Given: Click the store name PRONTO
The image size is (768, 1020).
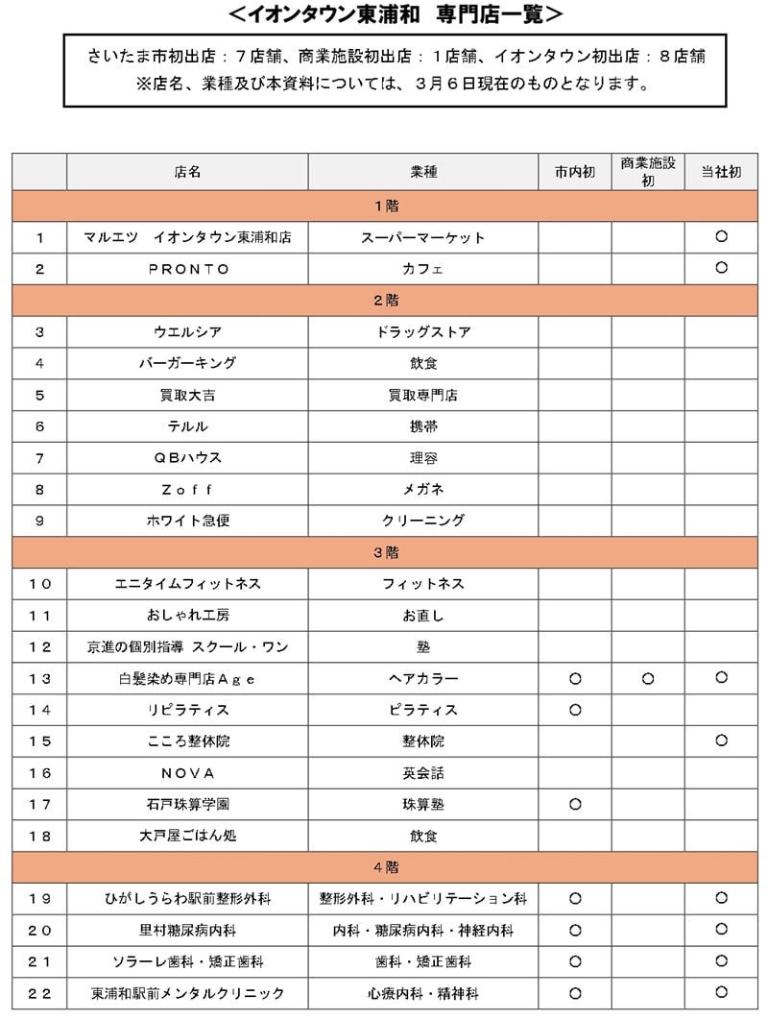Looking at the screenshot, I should pos(188,269).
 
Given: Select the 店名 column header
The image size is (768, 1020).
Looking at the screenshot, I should pos(188,173).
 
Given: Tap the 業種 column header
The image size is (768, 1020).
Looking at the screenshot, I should pos(422,173).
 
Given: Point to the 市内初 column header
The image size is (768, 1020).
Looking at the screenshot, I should pos(575,173).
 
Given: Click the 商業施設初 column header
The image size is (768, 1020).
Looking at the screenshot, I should pos(648,172).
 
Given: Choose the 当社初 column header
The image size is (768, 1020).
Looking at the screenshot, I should pos(721,173).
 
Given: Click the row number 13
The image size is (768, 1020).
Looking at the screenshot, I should pos(39,679).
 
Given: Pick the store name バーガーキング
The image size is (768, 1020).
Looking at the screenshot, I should pos(188,363).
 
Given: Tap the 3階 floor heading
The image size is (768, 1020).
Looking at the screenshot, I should pos(386,552).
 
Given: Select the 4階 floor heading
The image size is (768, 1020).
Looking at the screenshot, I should pos(386,867).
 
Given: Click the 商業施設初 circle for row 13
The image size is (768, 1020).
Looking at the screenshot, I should pos(648,679).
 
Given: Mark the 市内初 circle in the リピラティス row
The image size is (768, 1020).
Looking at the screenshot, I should pos(575,710).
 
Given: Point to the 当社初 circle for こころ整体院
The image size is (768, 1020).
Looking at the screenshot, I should pos(721,741).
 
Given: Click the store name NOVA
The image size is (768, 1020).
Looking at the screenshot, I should pos(188,773).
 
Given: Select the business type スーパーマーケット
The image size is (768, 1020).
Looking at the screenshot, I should pos(422,237).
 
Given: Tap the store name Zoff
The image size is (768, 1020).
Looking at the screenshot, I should pos(188,490).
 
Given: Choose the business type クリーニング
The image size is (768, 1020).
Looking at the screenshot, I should pos(422,521).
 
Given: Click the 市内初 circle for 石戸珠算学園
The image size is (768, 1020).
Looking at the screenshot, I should pos(575,804).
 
